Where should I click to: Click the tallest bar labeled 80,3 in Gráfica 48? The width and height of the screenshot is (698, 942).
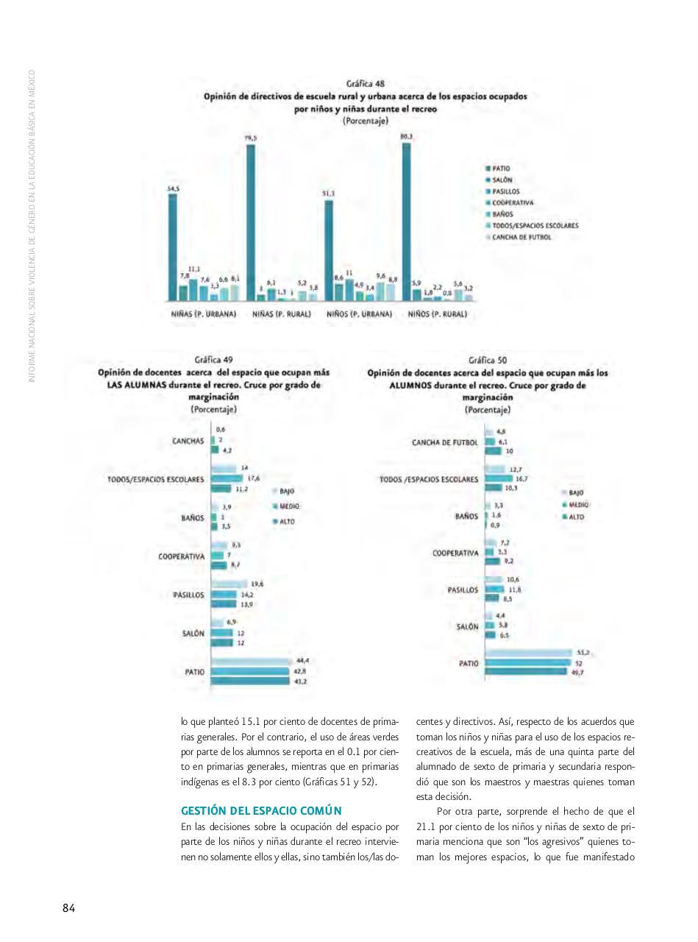click(406, 221)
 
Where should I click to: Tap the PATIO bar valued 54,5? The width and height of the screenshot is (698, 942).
click(173, 247)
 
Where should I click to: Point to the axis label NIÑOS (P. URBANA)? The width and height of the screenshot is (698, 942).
click(359, 314)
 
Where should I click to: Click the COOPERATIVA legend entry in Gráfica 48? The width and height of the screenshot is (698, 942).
click(512, 202)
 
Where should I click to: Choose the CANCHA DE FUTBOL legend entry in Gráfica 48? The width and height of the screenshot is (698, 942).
click(521, 237)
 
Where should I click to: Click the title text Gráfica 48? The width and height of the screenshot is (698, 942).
click(366, 84)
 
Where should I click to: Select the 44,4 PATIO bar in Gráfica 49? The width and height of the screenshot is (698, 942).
click(250, 662)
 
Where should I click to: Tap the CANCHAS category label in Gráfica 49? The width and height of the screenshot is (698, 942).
click(188, 442)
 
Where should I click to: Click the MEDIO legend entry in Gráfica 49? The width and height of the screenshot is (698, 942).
click(289, 506)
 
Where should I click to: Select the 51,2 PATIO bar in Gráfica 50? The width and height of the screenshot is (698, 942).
click(528, 653)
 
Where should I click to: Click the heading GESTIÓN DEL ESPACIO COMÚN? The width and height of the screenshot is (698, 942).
click(261, 811)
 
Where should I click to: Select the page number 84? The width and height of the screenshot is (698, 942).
click(68, 907)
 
